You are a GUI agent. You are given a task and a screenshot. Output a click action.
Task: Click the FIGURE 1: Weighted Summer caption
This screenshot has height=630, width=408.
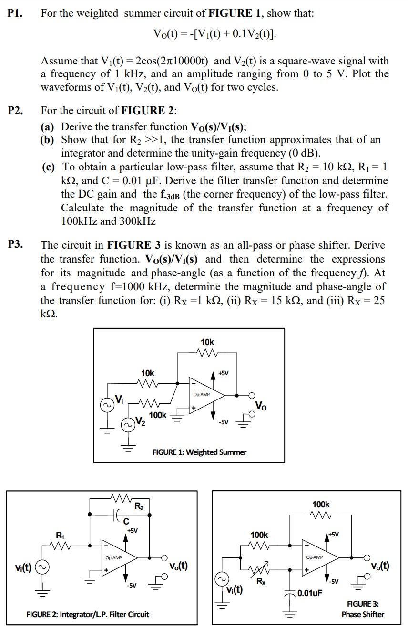[199, 451]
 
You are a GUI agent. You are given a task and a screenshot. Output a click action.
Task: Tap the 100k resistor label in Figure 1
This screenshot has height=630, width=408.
[158, 415]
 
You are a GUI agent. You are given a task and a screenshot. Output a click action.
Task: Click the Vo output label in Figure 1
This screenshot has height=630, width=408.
[261, 406]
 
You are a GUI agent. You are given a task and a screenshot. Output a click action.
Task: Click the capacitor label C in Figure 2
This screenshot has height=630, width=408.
[127, 521]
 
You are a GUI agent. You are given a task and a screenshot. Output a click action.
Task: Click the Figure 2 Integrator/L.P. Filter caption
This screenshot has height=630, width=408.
[87, 614]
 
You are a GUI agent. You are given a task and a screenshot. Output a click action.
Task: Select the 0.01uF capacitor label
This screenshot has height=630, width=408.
[310, 593]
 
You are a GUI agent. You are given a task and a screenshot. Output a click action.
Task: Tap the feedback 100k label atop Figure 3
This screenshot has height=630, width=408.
[321, 504]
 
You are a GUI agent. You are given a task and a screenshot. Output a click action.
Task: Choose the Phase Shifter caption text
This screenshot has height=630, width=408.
[363, 614]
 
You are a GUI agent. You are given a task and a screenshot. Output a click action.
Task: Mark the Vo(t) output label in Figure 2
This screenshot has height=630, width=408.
[178, 566]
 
